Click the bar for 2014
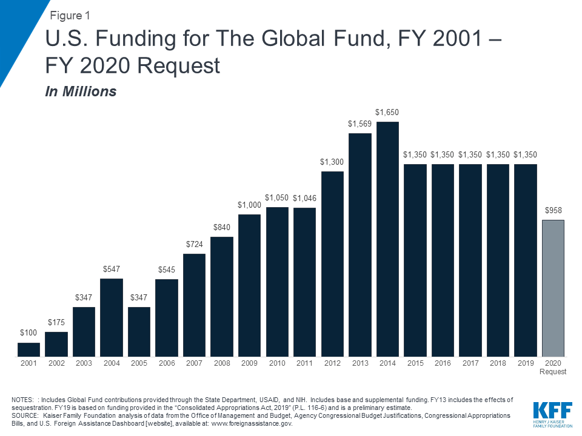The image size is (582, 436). tap(387, 239)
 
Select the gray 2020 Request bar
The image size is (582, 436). tap(554, 288)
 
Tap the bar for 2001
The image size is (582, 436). tap(28, 349)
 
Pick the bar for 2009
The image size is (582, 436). tap(249, 285)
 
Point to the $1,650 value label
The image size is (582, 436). tap(387, 113)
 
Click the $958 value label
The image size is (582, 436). tap(554, 211)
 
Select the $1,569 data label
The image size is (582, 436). tap(360, 124)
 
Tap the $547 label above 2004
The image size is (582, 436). tap(111, 269)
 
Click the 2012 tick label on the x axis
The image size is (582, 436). tap(332, 363)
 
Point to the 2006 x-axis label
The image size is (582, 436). tap(166, 363)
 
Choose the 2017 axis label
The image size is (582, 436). tap(470, 363)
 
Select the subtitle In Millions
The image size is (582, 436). tap(81, 92)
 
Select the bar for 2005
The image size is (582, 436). tap(139, 332)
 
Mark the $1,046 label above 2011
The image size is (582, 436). tap(304, 199)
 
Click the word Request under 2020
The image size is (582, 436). tap(554, 372)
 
